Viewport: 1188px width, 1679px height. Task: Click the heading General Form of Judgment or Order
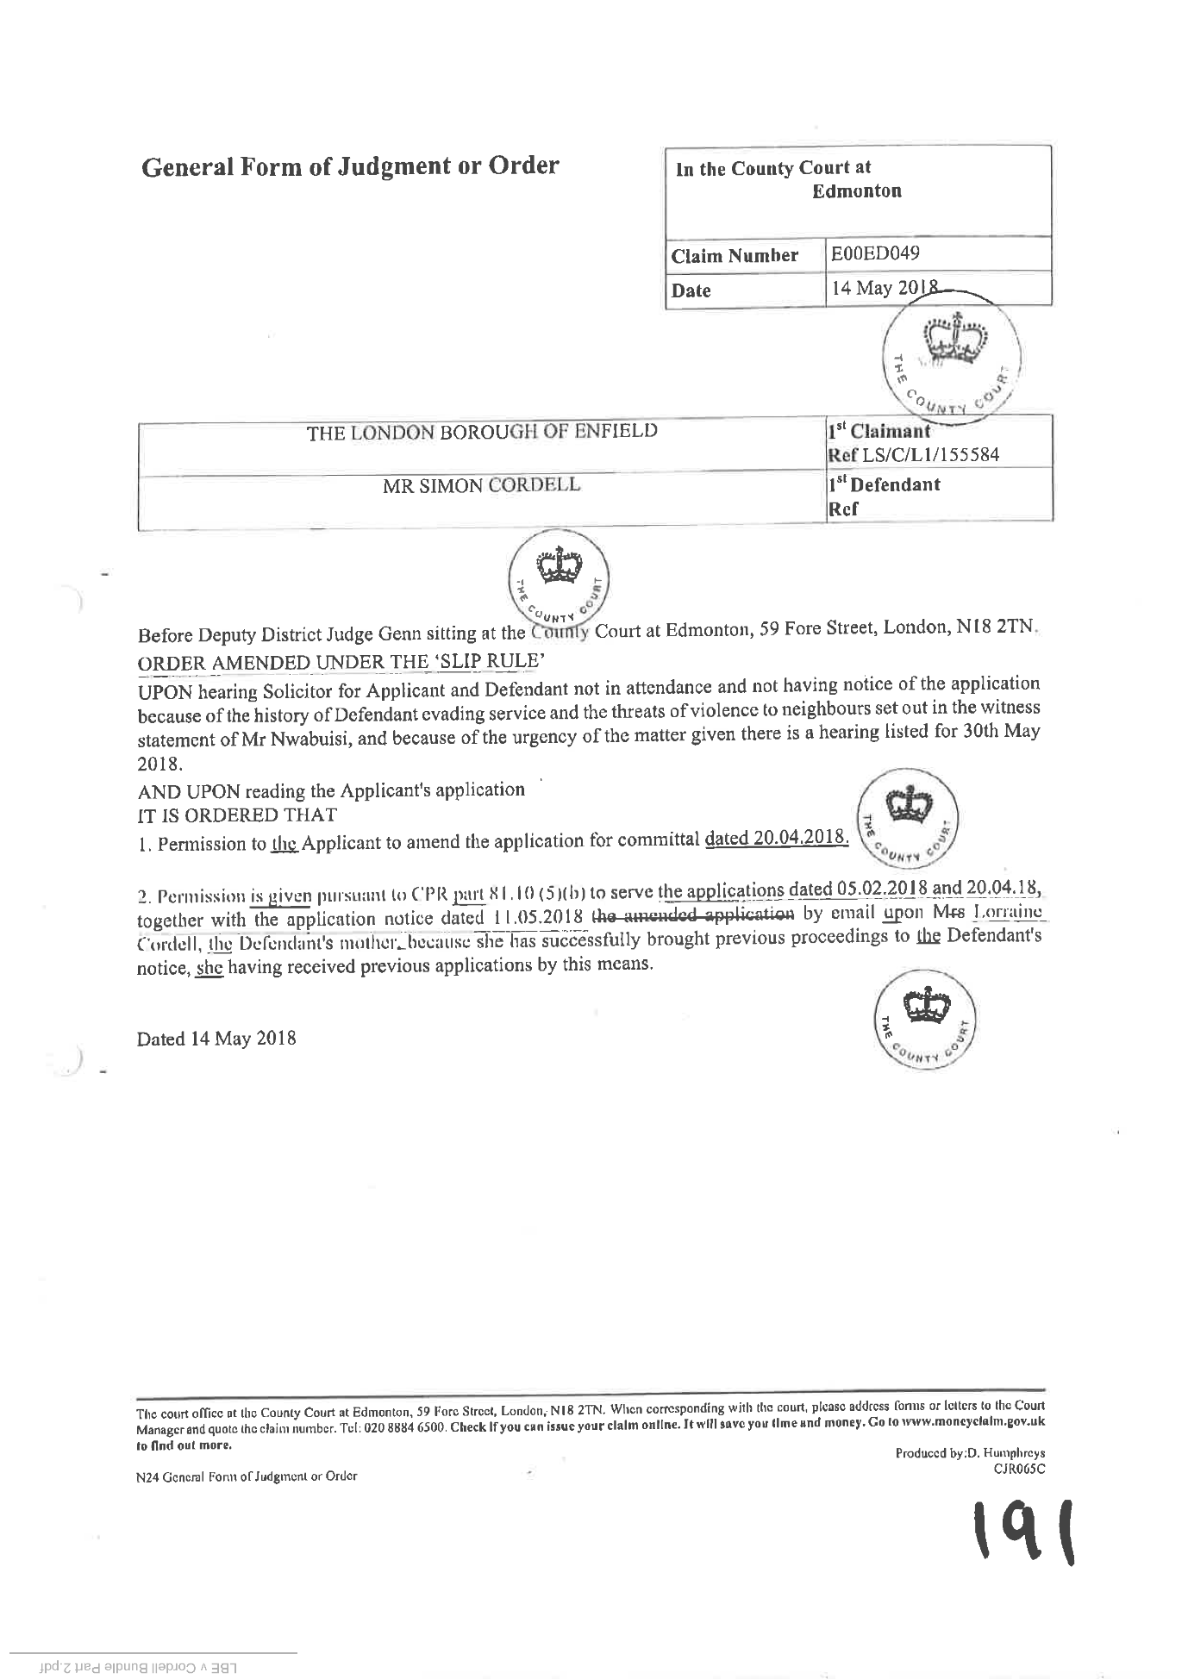(x=350, y=165)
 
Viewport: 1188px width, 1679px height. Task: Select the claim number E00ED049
(x=874, y=253)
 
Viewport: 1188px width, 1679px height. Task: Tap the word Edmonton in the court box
(x=857, y=191)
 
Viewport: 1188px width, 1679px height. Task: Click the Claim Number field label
(x=735, y=256)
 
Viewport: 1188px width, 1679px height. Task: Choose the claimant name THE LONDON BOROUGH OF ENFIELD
(x=483, y=431)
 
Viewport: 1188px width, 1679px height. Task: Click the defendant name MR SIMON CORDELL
(x=482, y=485)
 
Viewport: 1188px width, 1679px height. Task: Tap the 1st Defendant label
(x=884, y=484)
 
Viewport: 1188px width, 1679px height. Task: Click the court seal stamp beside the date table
(x=953, y=353)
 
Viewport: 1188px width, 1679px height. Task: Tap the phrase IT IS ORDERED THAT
(x=238, y=815)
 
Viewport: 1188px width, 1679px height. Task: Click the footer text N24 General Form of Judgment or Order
(x=247, y=1476)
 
